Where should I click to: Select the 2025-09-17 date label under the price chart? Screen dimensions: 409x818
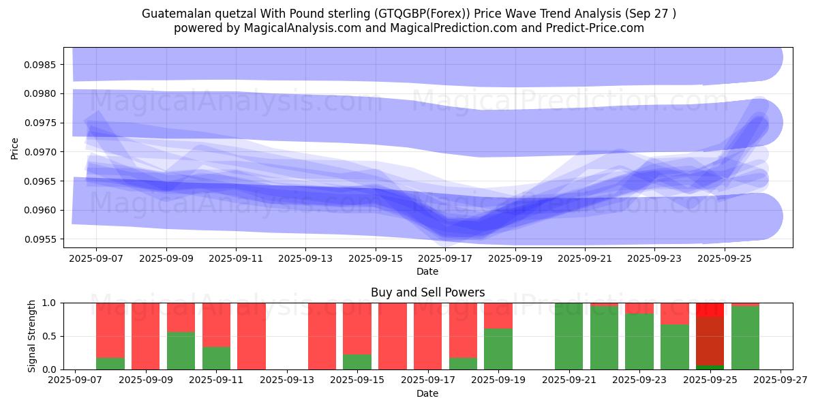coord(445,259)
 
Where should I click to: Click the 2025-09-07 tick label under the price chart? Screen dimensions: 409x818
coord(96,259)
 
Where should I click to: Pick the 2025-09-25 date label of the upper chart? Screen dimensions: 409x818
coord(724,259)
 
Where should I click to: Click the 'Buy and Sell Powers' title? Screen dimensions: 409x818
coord(427,292)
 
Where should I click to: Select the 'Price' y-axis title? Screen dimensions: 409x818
coord(15,148)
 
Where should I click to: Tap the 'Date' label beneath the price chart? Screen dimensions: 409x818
coord(427,271)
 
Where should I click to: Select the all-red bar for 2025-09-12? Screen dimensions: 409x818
coord(252,336)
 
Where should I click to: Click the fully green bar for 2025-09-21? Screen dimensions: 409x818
coord(569,336)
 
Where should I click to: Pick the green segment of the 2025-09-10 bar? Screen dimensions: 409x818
coord(181,350)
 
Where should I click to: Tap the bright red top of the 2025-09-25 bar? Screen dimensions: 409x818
coord(710,309)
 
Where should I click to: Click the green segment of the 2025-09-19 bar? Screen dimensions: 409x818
coord(498,349)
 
